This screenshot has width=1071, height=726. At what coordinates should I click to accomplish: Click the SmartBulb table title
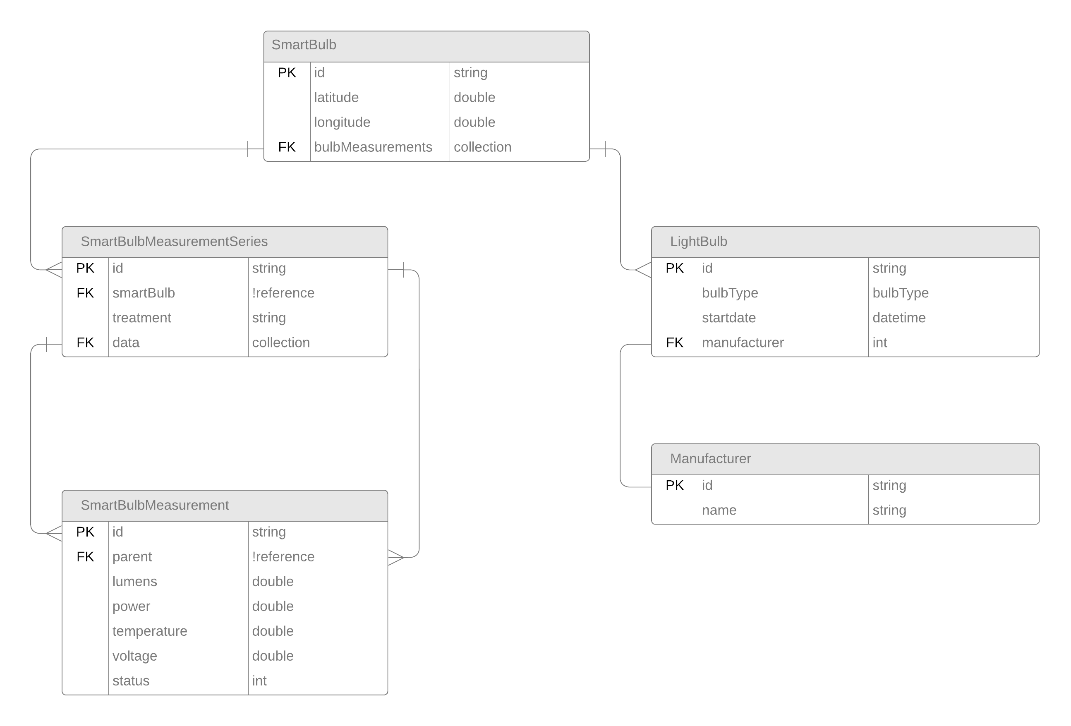[304, 45]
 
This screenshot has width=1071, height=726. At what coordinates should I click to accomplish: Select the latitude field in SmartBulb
[336, 97]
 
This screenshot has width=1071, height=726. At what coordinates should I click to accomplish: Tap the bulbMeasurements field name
[373, 147]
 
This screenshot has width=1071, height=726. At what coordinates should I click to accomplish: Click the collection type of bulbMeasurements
[482, 147]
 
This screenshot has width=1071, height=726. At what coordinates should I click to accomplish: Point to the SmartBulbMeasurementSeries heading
[174, 242]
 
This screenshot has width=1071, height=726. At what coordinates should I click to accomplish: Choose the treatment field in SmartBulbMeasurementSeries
[141, 318]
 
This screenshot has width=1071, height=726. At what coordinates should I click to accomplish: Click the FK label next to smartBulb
[85, 293]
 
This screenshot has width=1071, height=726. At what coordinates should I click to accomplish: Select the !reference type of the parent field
[283, 556]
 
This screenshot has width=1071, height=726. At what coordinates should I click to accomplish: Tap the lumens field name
[134, 581]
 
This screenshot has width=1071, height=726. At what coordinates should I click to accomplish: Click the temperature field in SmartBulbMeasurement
[150, 631]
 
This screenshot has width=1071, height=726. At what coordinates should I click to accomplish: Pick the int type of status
[259, 681]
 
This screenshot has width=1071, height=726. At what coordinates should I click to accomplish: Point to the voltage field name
[134, 656]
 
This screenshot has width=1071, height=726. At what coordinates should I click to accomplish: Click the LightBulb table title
[698, 242]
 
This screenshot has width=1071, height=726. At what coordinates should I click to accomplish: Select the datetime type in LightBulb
[898, 318]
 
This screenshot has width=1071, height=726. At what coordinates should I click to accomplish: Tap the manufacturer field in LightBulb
[743, 343]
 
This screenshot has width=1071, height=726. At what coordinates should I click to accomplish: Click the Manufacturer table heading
[710, 459]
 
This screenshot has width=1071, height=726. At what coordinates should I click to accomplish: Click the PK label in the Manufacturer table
[675, 485]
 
